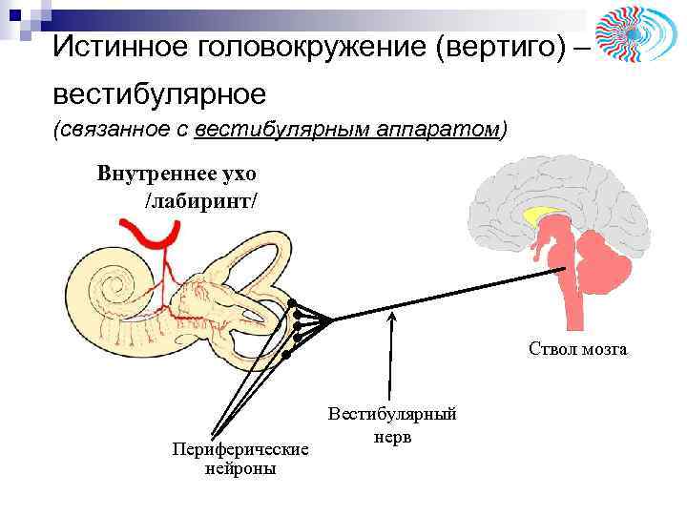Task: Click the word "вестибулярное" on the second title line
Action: (159, 94)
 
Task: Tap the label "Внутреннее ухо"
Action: (177, 175)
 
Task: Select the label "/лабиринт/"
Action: (200, 202)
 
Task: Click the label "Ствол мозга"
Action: (578, 350)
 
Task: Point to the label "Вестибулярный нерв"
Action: (392, 424)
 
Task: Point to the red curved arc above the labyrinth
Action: (153, 234)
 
